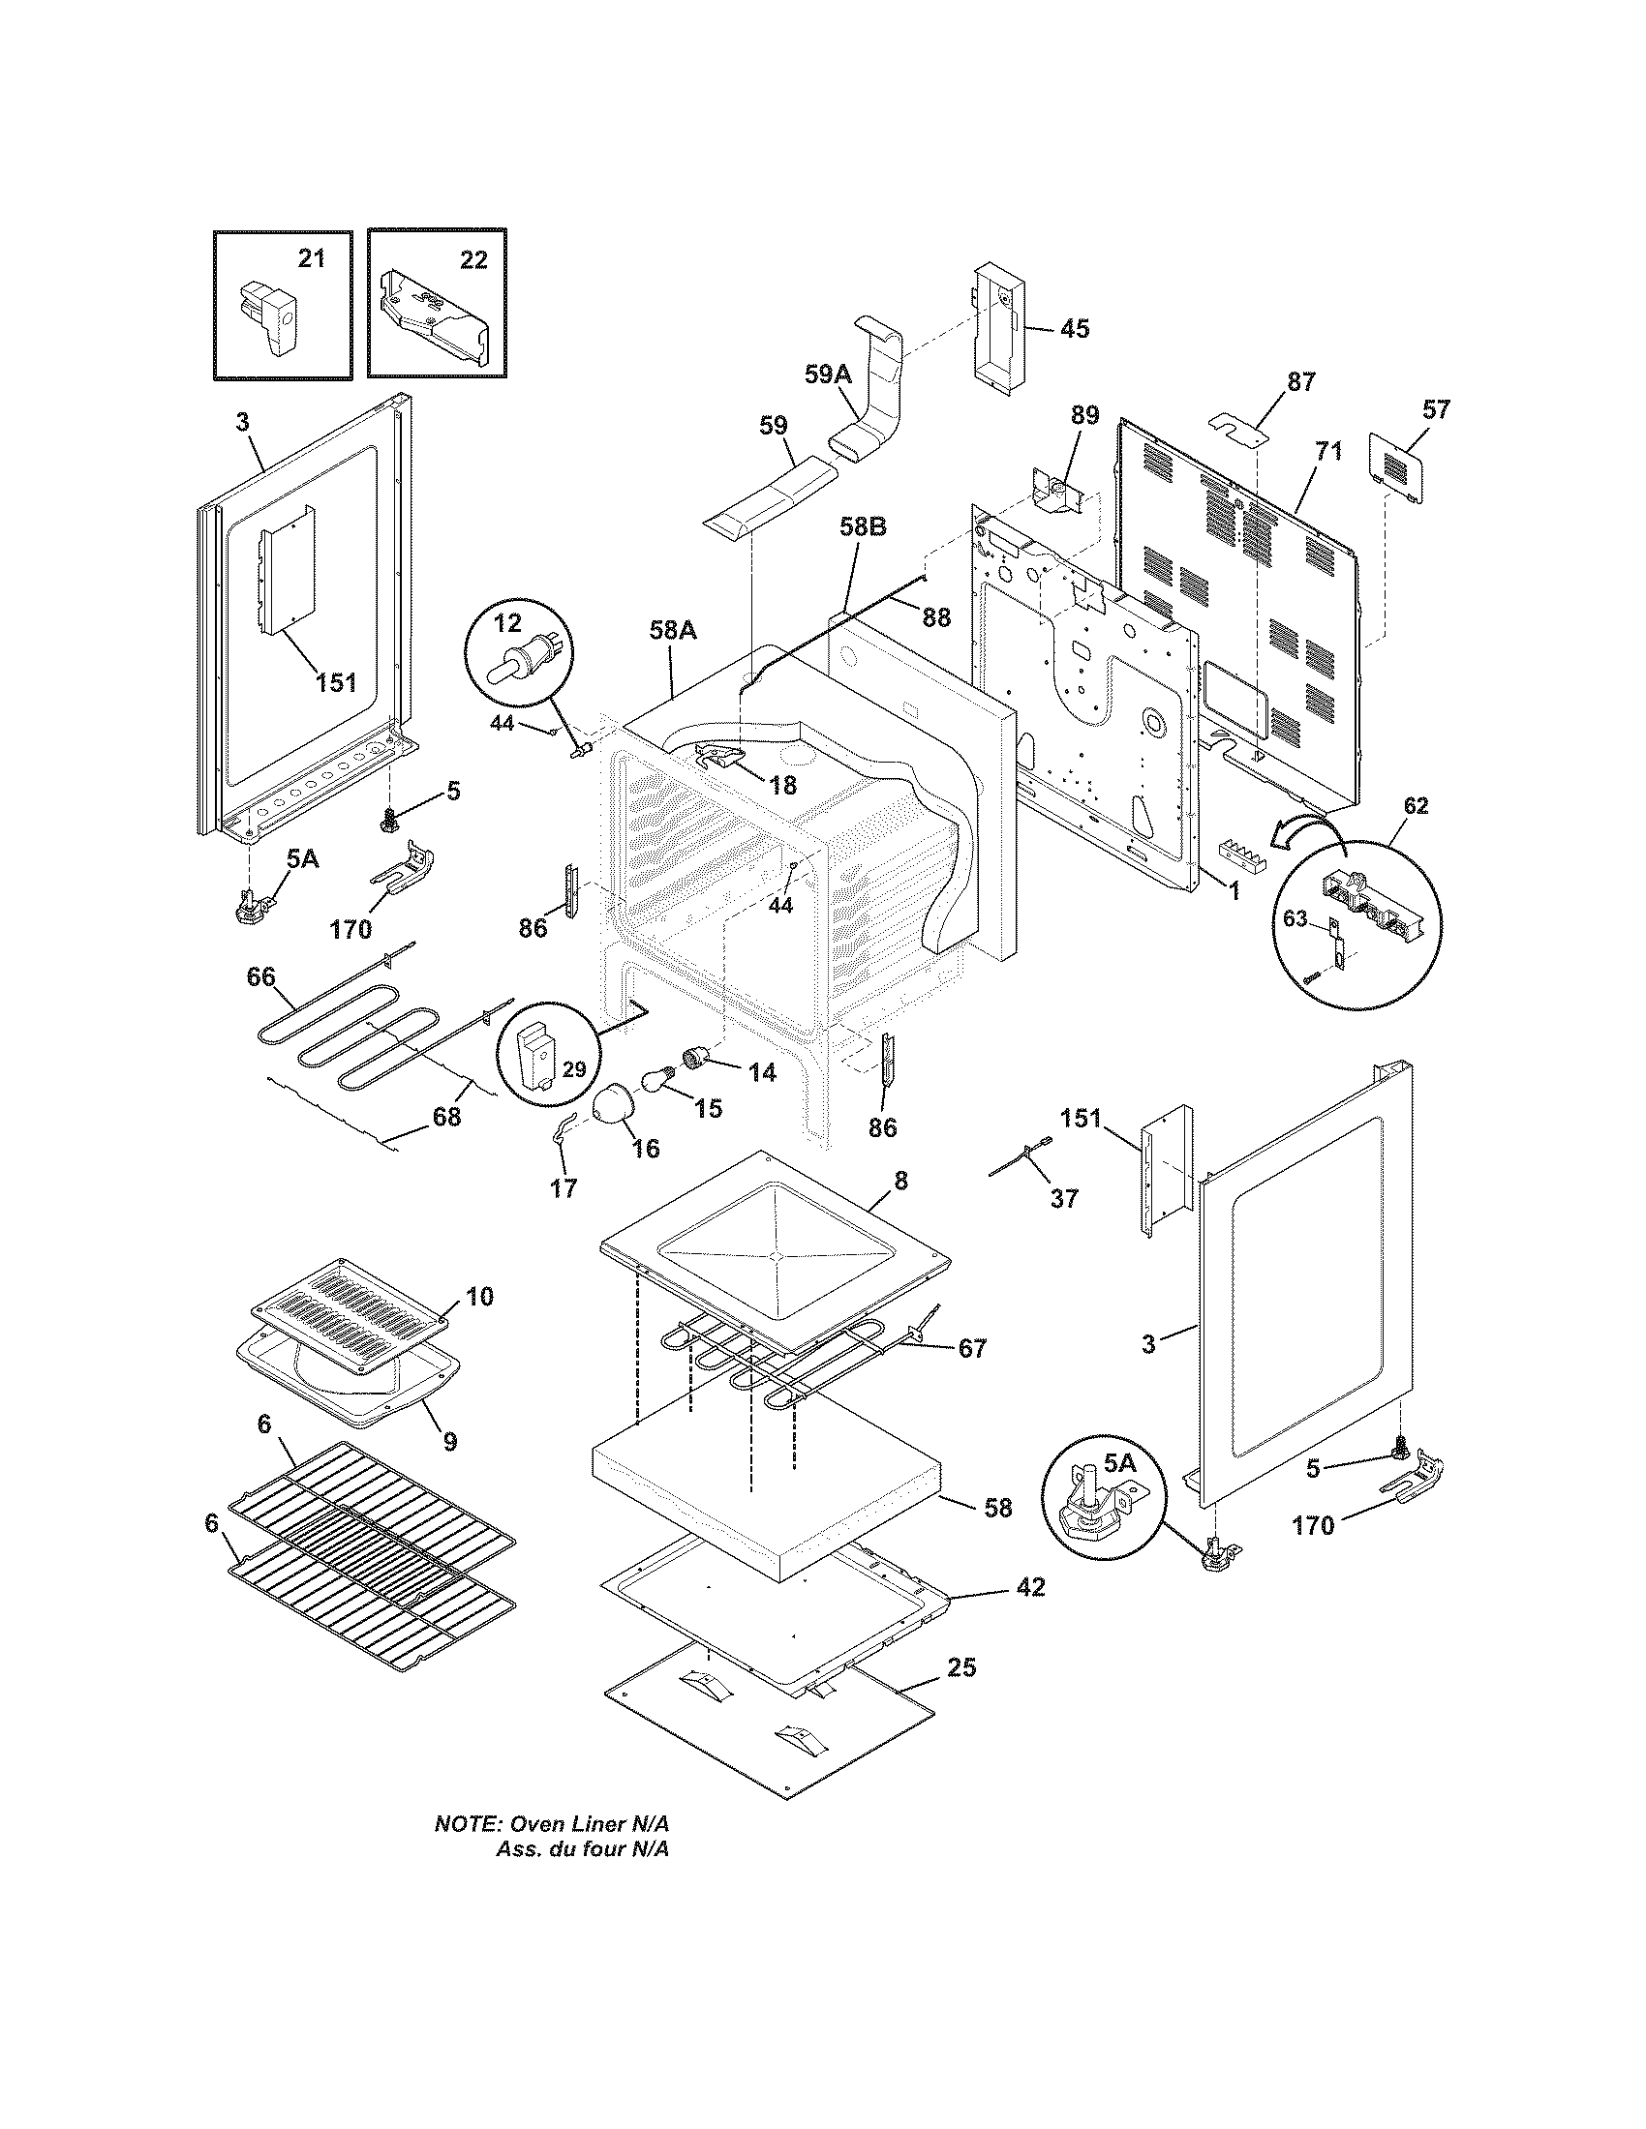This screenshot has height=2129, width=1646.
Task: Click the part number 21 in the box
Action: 311,259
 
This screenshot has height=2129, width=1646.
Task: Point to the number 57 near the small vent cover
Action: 1435,409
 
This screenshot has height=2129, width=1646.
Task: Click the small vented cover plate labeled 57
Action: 1398,467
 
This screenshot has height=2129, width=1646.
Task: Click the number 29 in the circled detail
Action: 573,1069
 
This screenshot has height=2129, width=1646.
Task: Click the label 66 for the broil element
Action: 260,976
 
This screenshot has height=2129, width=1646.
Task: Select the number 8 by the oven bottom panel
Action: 900,1181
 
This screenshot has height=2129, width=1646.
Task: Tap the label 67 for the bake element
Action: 972,1349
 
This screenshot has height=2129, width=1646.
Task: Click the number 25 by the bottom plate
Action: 960,1667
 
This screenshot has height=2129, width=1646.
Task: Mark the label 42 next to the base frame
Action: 1031,1588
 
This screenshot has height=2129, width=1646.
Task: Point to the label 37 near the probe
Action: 1064,1198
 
